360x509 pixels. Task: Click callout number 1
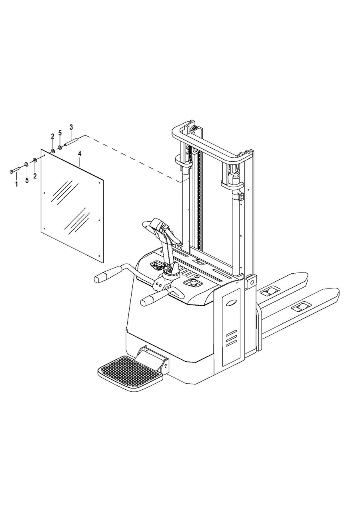(16, 184)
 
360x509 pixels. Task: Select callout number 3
(71, 127)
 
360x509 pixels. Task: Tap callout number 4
(80, 154)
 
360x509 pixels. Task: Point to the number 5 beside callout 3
(60, 133)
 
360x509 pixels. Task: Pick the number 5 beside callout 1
(27, 180)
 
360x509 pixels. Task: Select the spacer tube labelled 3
(70, 141)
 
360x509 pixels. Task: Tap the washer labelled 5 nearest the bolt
(26, 164)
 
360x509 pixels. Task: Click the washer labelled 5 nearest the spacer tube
(60, 148)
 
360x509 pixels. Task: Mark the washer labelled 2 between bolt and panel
(35, 161)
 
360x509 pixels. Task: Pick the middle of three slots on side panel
(231, 339)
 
